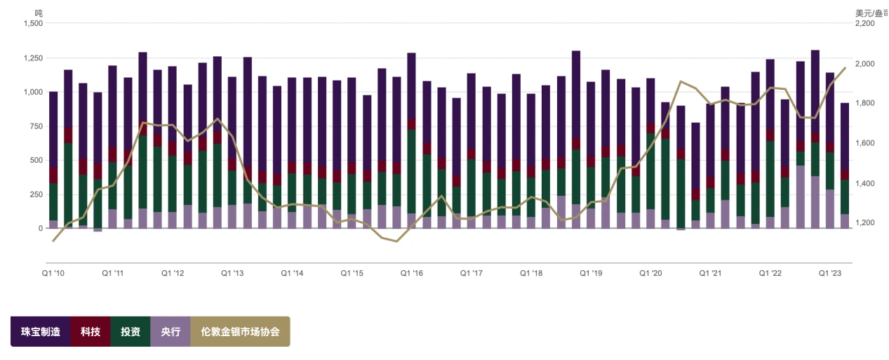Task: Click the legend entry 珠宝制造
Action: coord(41,331)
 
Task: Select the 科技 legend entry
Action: coord(91,331)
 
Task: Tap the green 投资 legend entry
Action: coord(131,331)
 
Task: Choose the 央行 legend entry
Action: coord(171,331)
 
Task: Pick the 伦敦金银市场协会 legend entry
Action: coord(240,331)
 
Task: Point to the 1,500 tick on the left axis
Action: coord(33,23)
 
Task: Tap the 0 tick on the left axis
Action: coord(40,229)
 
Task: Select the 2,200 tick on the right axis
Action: coord(864,23)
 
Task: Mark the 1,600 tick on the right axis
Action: coord(864,143)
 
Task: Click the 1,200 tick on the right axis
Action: coord(864,223)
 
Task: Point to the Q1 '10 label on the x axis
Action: coord(53,273)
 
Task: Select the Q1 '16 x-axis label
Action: coord(411,273)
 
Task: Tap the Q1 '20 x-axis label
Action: coord(650,273)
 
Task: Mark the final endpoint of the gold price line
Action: coord(845,68)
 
